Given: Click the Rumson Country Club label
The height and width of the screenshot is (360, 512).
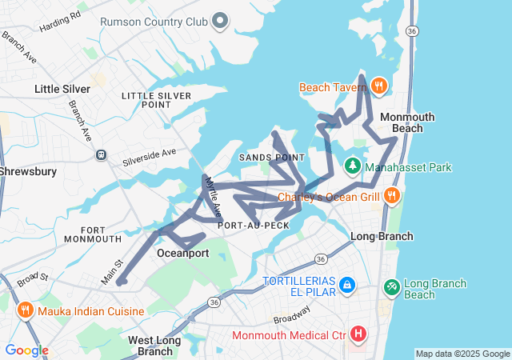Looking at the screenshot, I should click(153, 20).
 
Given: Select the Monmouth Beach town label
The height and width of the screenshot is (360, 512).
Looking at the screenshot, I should click(407, 122).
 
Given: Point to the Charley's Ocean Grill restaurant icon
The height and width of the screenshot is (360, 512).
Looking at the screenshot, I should click(391, 196).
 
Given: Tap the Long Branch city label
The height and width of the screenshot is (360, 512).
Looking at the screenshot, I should click(382, 236).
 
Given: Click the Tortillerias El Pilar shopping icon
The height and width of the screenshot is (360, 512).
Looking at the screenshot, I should click(346, 284).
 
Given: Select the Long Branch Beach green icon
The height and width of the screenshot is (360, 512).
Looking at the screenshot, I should click(392, 286).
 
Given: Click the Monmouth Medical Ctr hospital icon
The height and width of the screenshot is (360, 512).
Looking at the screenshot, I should click(358, 334).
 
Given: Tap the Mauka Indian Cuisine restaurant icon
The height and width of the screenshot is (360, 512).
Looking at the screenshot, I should click(25, 310).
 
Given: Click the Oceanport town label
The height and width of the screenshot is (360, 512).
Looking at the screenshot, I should click(182, 254).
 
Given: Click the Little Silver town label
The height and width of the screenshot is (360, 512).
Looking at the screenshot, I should click(62, 89).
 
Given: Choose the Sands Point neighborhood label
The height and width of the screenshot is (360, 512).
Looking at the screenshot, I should click(272, 158).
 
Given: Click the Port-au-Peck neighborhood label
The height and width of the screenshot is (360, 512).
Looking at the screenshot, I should click(254, 226).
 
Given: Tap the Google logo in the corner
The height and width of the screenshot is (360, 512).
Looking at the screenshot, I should click(26, 350).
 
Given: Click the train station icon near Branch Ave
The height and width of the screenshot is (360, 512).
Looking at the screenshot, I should click(101, 154).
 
